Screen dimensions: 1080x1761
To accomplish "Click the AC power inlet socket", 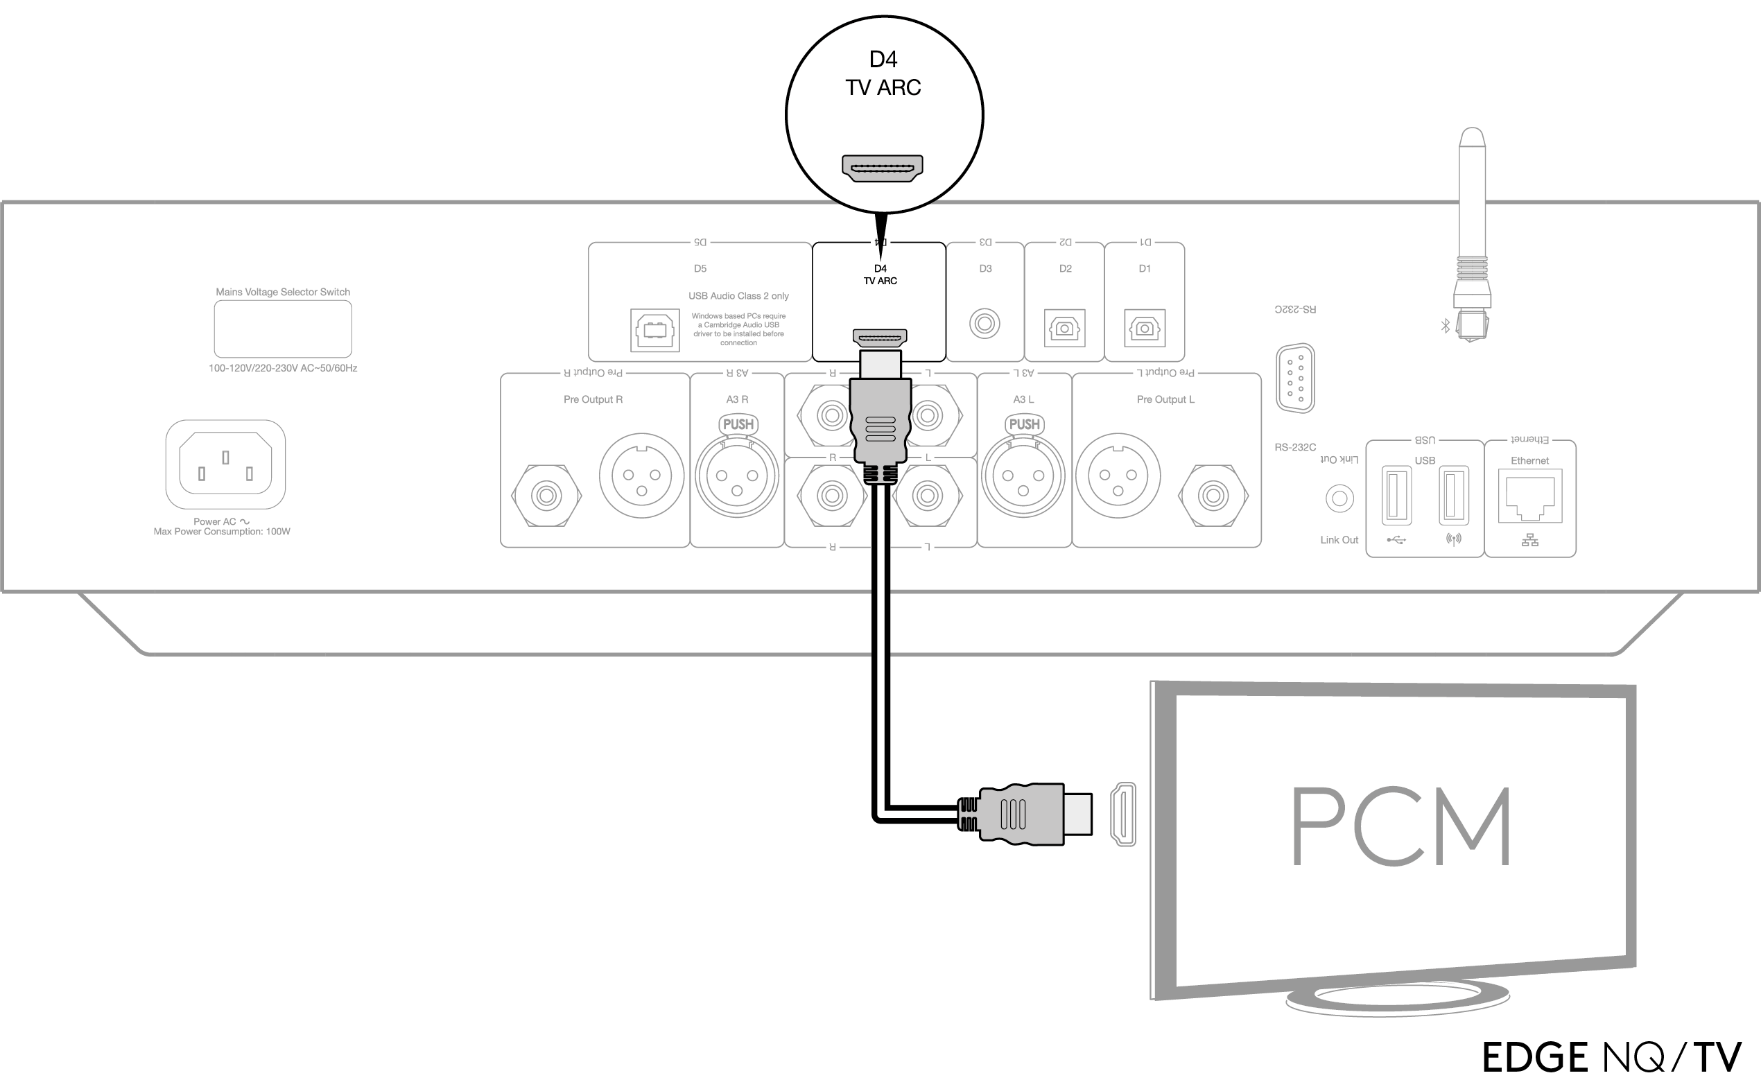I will click(225, 464).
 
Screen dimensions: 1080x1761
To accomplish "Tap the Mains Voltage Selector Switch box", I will click(283, 329).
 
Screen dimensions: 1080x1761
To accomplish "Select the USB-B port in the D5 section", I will click(654, 330).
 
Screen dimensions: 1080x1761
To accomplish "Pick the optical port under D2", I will click(1064, 328).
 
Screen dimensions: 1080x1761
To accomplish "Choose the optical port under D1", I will click(1144, 328).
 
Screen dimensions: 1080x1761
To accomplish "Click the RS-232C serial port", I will click(1295, 378).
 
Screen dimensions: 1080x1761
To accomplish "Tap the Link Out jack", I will click(1339, 498).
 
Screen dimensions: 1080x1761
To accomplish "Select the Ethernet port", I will click(1529, 498).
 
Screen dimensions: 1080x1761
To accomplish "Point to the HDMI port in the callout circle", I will click(883, 168).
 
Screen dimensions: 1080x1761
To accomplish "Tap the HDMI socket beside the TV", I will click(1122, 815).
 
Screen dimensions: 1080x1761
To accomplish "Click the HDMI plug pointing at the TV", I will click(1029, 815).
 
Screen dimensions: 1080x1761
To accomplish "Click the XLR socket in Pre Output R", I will click(641, 476).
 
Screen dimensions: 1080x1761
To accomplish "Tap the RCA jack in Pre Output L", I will click(1213, 496).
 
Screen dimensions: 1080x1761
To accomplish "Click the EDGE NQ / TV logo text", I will click(1612, 1056).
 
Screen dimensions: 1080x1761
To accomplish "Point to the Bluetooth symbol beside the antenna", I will click(1444, 326).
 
